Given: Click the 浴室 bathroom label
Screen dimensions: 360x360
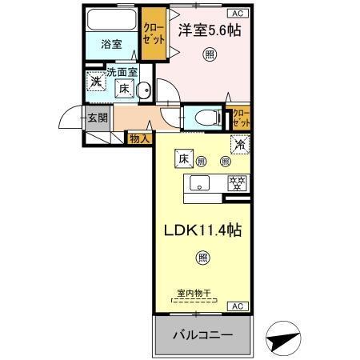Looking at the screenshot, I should click(x=111, y=44).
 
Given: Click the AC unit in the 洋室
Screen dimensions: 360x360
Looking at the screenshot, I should click(x=238, y=14).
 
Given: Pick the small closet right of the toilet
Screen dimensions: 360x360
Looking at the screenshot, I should click(x=240, y=118).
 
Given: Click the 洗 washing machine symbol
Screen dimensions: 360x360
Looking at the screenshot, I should click(x=96, y=81).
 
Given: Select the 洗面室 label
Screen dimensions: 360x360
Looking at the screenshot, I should click(x=123, y=72).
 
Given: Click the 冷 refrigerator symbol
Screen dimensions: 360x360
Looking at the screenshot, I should click(x=238, y=146).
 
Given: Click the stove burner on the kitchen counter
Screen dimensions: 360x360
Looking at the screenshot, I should click(x=237, y=183).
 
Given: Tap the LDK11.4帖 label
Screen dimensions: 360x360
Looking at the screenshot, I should click(x=204, y=229).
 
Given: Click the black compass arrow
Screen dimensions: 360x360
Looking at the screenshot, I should click(x=282, y=340).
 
